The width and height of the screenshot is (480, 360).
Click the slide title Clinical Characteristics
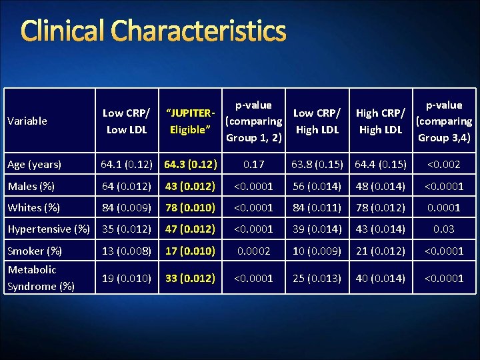coord(154,31)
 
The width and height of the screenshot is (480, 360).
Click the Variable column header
coord(27,121)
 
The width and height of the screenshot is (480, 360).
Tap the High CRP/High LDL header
coord(380,121)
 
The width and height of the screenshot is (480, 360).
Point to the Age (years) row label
coord(35,164)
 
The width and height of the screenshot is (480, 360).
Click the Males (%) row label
coord(32,186)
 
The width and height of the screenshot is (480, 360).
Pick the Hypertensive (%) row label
coord(49,229)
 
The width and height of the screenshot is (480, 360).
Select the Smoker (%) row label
coord(35,251)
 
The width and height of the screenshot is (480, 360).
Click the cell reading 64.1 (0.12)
coord(126,164)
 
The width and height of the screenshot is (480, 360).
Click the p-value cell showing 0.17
coord(253,164)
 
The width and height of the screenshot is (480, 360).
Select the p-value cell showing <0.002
coord(444,164)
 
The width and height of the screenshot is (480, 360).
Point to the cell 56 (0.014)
coord(317,186)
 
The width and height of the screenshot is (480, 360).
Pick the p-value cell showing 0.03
coord(444,229)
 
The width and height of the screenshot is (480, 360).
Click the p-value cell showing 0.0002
coord(253,251)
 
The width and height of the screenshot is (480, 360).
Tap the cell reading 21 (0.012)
coord(380,251)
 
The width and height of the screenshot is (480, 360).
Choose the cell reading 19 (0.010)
coord(126,277)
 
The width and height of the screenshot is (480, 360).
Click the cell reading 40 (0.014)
coord(380,277)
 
